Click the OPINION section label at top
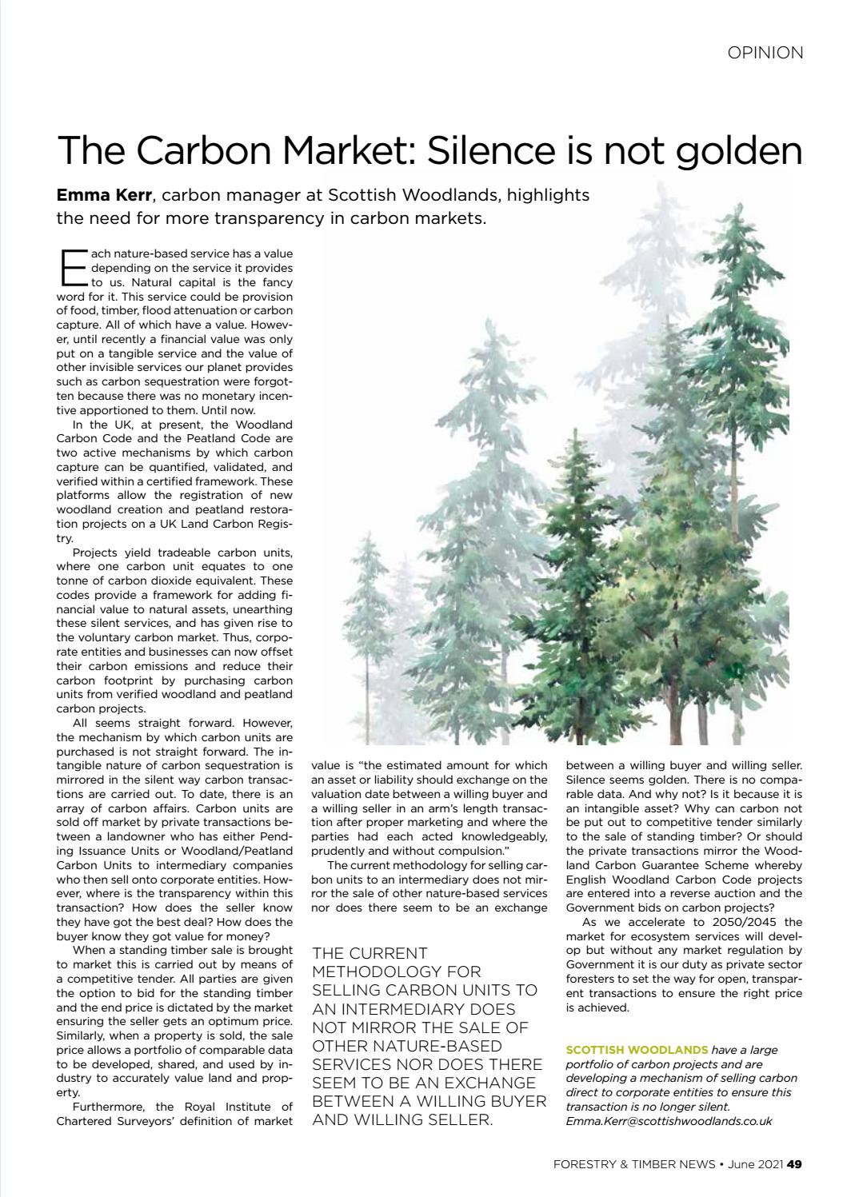coord(765,53)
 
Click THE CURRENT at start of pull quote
coord(370,953)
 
